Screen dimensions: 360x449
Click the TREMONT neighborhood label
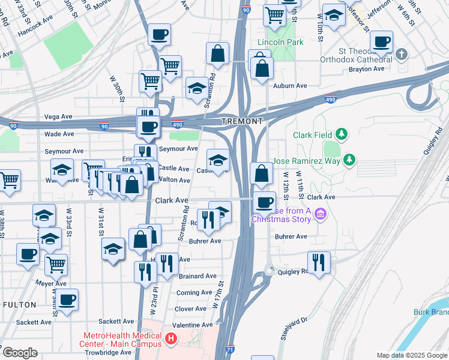click(243, 121)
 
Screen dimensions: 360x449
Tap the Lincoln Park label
click(280, 42)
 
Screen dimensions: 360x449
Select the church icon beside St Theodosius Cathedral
click(402, 55)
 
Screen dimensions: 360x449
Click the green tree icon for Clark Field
click(342, 134)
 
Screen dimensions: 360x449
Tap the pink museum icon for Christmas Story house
click(320, 214)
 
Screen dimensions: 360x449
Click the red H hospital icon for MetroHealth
click(172, 340)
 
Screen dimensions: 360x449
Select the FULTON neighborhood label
click(19, 305)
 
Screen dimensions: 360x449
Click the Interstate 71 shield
click(222, 349)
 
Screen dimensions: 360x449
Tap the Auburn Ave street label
click(290, 86)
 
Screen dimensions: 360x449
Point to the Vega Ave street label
click(58, 116)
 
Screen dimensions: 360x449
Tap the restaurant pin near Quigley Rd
click(319, 262)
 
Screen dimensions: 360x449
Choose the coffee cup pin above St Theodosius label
click(381, 42)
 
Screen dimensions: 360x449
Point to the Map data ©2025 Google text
click(412, 355)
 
